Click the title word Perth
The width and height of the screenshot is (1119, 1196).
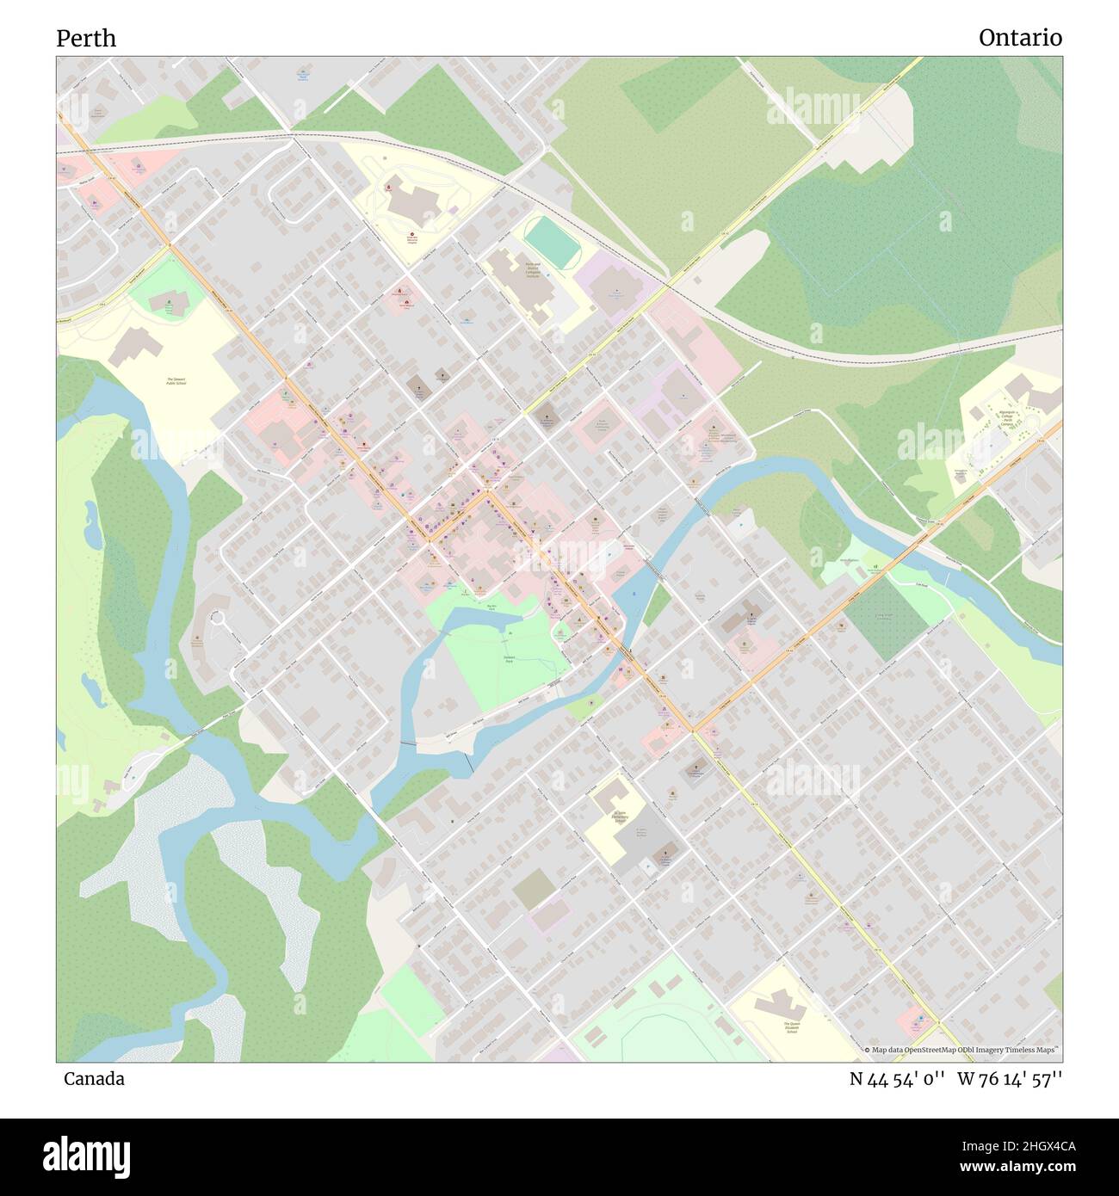click(x=86, y=39)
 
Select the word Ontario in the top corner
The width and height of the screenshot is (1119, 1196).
click(x=1019, y=38)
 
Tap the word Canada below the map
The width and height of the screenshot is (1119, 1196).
click(x=94, y=1078)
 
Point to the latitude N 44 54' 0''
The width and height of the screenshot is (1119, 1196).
click(x=897, y=1079)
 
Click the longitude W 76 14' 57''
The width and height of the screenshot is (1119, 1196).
click(x=1009, y=1079)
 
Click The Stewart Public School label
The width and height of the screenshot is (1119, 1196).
click(x=176, y=381)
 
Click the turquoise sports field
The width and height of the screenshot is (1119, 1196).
click(x=552, y=242)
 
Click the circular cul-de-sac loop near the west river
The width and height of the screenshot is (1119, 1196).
click(x=217, y=619)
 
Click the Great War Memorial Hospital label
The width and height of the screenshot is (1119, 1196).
click(x=411, y=238)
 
